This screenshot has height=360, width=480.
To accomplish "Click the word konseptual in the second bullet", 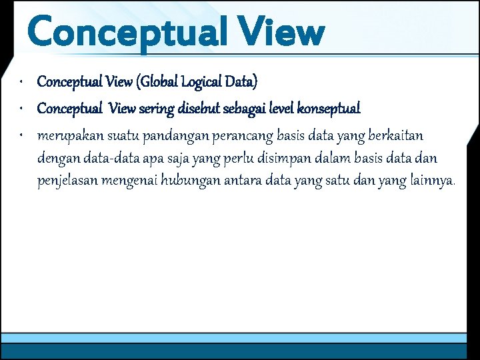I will [329, 108].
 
